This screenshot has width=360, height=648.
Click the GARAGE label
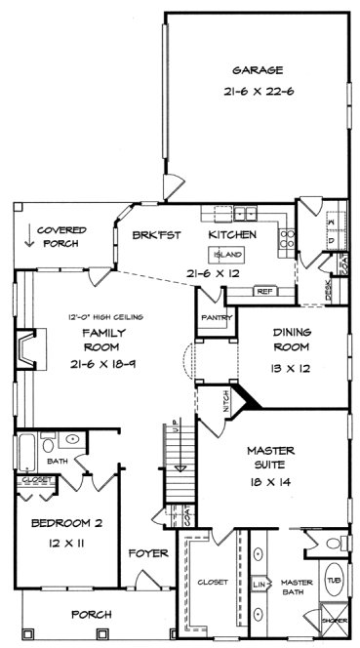(258, 70)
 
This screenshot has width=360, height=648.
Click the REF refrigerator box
(262, 290)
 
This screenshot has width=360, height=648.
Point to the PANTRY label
(214, 319)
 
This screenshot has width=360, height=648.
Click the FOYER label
(149, 553)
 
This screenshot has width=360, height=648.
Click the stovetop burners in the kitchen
(286, 234)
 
